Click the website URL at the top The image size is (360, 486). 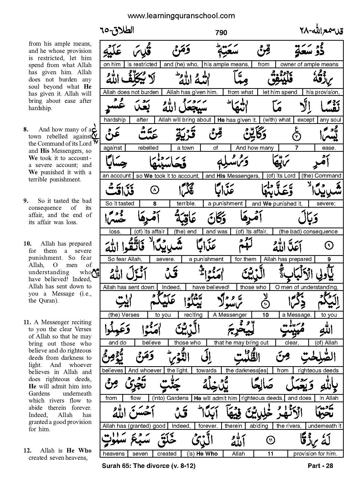point(181,16)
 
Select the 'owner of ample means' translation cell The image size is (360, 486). point(309,64)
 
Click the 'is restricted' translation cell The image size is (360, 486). point(142,64)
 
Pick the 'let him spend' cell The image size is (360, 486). point(280,92)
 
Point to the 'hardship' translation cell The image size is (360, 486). point(115,120)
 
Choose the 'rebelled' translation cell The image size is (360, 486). point(148,148)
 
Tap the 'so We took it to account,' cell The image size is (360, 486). point(168,176)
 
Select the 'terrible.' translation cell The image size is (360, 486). point(186,204)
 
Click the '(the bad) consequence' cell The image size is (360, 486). point(308,232)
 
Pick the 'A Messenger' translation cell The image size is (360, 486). point(230,315)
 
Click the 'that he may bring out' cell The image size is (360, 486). point(241,343)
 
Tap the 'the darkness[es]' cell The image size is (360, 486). point(247,371)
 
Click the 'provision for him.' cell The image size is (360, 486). point(315,454)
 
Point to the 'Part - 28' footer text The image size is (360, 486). point(320,466)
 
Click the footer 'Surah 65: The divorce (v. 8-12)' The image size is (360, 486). point(149,466)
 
